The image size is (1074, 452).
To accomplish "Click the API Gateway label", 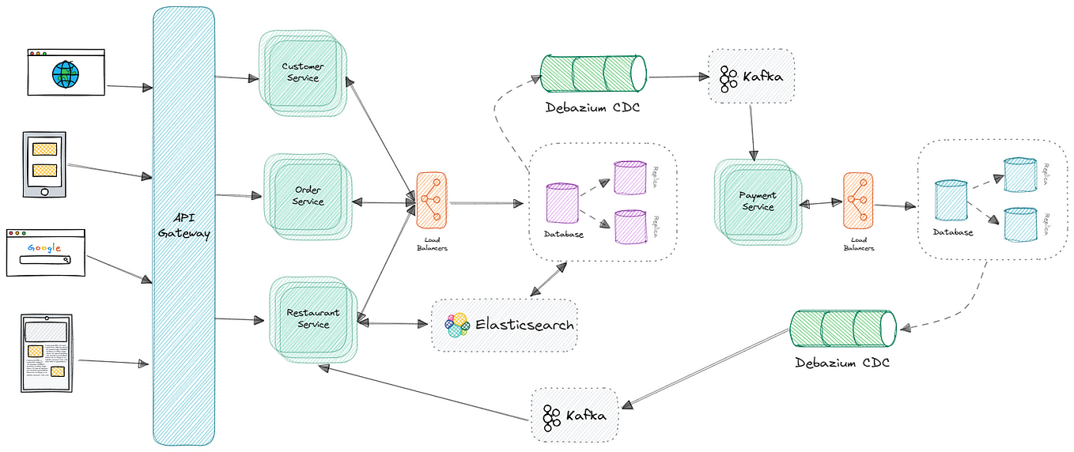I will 183,226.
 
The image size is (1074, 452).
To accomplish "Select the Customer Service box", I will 301,73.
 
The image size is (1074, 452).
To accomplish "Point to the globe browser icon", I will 66,73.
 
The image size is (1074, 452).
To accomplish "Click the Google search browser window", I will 45,253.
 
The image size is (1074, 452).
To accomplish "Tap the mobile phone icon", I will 44,164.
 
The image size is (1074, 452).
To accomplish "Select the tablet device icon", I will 46,352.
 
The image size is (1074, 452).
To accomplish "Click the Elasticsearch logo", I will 457,325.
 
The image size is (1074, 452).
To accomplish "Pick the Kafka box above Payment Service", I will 751,77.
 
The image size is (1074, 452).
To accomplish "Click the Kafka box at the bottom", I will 574,415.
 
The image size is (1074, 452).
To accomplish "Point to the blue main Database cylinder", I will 951,201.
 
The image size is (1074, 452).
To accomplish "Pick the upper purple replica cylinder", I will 631,177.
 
